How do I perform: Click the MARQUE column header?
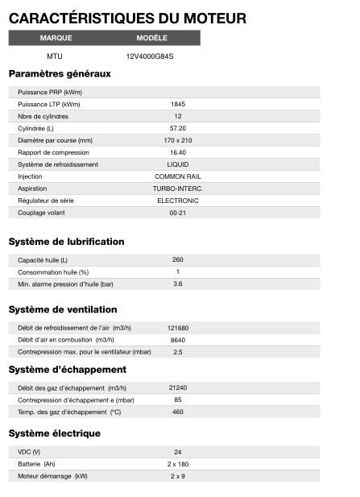pyautogui.click(x=56, y=38)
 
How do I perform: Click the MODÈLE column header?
pyautogui.click(x=152, y=38)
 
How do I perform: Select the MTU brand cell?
pyautogui.click(x=55, y=56)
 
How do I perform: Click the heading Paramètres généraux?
pyautogui.click(x=60, y=74)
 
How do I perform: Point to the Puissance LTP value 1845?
pyautogui.click(x=178, y=104)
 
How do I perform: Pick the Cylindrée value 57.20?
pyautogui.click(x=178, y=128)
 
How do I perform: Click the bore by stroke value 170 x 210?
pyautogui.click(x=178, y=140)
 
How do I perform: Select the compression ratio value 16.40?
pyautogui.click(x=178, y=152)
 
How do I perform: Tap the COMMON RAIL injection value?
pyautogui.click(x=178, y=176)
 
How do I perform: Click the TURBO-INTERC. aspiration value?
pyautogui.click(x=178, y=188)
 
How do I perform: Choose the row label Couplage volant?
pyautogui.click(x=41, y=213)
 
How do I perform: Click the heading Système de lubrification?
pyautogui.click(x=66, y=242)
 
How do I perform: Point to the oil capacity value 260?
pyautogui.click(x=178, y=259)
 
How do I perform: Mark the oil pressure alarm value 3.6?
pyautogui.click(x=178, y=284)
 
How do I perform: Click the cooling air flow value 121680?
pyautogui.click(x=178, y=328)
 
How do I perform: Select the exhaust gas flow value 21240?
pyautogui.click(x=178, y=387)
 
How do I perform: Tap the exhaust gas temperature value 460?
pyautogui.click(x=178, y=412)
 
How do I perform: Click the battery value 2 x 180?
pyautogui.click(x=178, y=464)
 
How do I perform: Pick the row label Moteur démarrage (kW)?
pyautogui.click(x=52, y=476)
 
